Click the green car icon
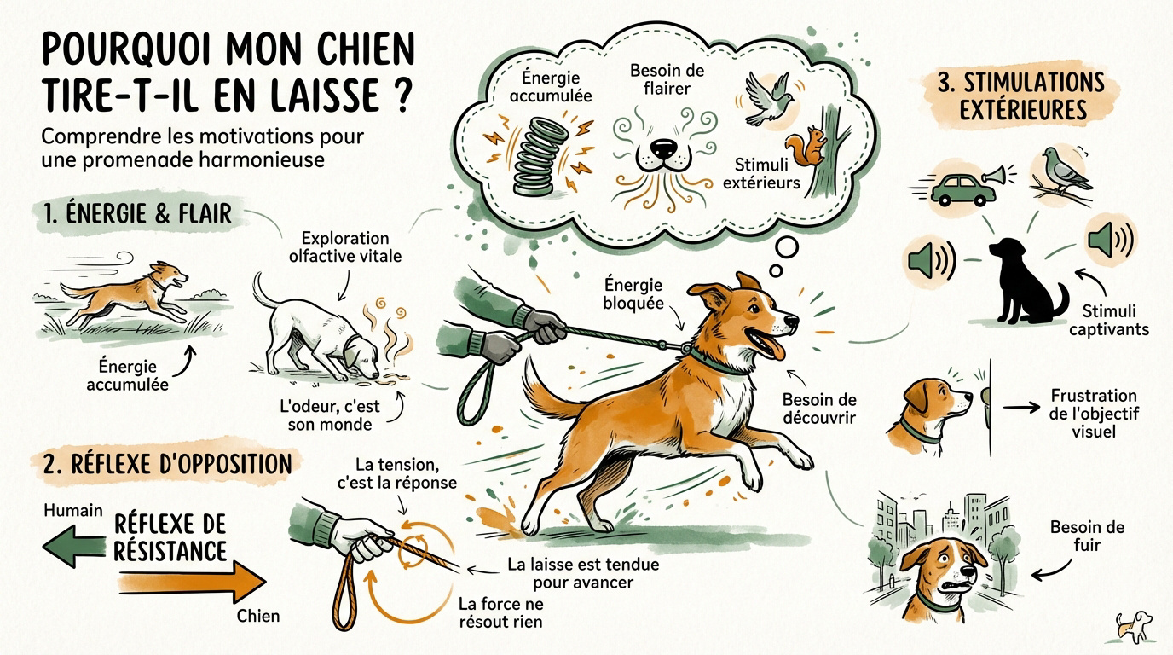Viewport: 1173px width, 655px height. tap(962, 189)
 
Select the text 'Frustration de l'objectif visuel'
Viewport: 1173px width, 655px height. tap(1093, 413)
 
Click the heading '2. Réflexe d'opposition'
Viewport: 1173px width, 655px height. tap(166, 464)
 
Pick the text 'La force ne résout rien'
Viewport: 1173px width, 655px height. tap(500, 612)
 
